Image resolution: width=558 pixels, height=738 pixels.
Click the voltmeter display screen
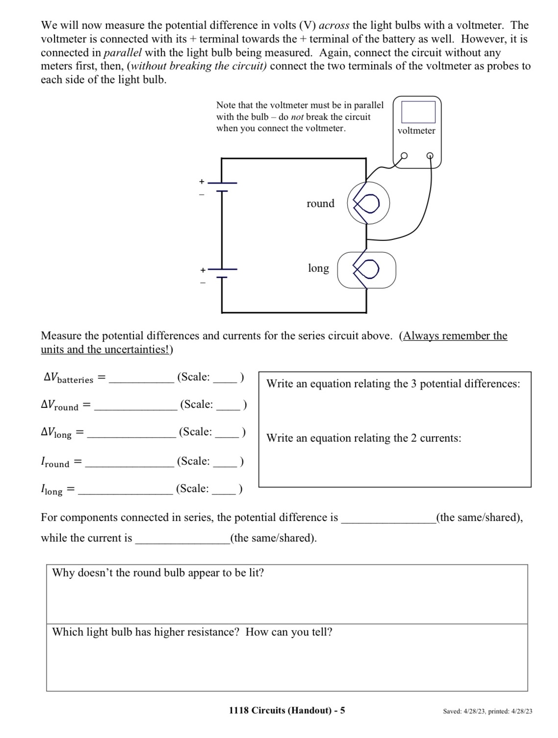[x=418, y=112]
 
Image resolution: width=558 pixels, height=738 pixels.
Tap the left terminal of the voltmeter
[x=404, y=156]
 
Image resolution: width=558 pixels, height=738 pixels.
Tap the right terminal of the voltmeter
[x=430, y=156]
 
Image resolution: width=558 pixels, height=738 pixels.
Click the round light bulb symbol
[x=368, y=203]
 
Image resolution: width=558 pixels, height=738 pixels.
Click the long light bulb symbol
[x=367, y=269]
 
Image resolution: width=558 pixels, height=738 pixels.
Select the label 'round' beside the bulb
[x=320, y=204]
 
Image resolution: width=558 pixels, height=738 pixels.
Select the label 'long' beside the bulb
[x=318, y=268]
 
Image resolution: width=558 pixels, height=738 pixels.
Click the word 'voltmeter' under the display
[x=416, y=131]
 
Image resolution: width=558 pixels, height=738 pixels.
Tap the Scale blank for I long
[x=224, y=490]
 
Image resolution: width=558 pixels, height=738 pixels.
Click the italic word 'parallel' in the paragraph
[x=123, y=52]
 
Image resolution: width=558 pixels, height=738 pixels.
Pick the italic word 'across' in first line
[x=334, y=25]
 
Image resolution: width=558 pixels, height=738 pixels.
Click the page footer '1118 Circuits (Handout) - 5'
[x=287, y=710]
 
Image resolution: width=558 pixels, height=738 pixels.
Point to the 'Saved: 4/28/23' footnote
[x=487, y=711]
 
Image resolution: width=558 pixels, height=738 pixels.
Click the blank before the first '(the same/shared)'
[x=388, y=519]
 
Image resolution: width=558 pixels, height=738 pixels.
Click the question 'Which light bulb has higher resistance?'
[x=146, y=632]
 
